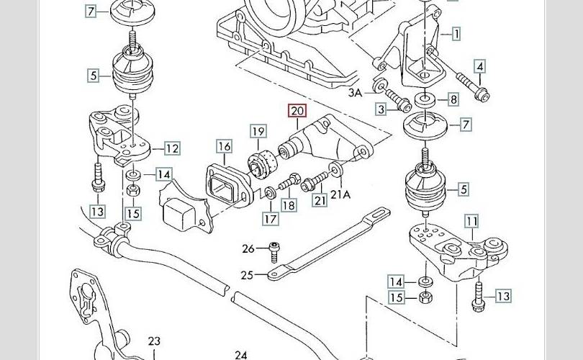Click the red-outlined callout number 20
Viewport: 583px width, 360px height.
coord(297,111)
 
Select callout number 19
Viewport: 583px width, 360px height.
coord(258,132)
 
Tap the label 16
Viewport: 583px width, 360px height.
coord(225,147)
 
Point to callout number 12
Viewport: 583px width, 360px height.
coord(172,149)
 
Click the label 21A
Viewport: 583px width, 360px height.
coord(340,194)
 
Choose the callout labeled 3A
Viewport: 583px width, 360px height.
coord(355,92)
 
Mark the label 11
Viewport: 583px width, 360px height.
coord(471,220)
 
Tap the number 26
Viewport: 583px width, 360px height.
coord(248,249)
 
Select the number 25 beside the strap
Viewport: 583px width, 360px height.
coord(248,274)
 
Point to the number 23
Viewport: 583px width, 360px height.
coord(154,341)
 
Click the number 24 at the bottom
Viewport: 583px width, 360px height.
coord(241,354)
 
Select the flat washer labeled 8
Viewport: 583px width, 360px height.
coord(425,98)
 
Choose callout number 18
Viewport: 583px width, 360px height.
coord(289,206)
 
